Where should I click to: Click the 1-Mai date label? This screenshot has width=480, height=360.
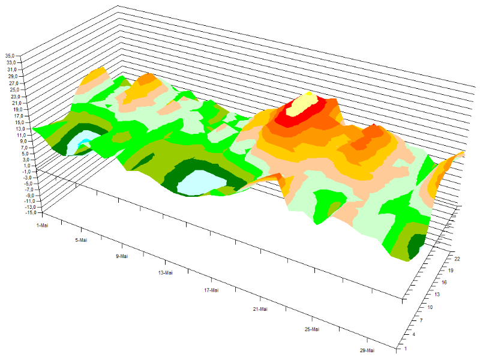point(42,226)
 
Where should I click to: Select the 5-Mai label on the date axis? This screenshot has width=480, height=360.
point(81,240)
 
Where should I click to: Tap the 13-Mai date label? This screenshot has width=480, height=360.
point(166,273)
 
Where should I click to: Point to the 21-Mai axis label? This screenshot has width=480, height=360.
point(260,309)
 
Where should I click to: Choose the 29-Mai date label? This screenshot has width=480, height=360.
point(367,350)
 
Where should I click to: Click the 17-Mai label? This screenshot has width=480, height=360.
point(211,290)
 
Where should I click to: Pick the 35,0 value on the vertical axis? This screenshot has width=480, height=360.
point(10,56)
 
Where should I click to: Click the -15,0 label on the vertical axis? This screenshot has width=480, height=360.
point(31,212)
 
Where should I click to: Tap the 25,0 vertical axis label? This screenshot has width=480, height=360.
point(14,89)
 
